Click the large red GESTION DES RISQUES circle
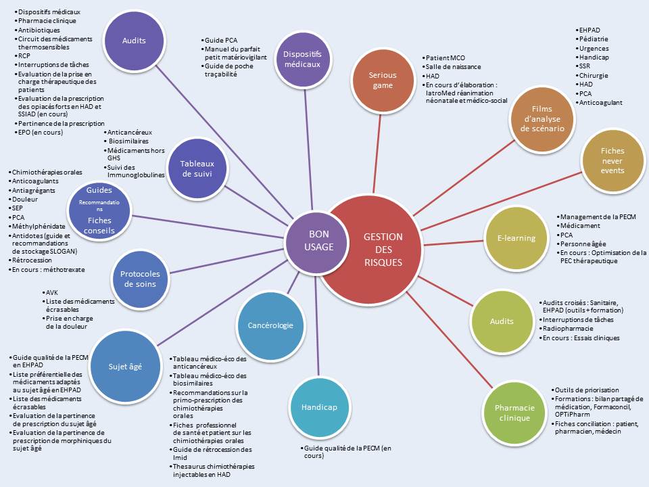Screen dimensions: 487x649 click(x=382, y=249)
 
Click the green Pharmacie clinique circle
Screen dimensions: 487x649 click(x=515, y=413)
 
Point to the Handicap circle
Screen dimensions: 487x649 click(x=314, y=407)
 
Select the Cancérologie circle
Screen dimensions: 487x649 click(x=270, y=325)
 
